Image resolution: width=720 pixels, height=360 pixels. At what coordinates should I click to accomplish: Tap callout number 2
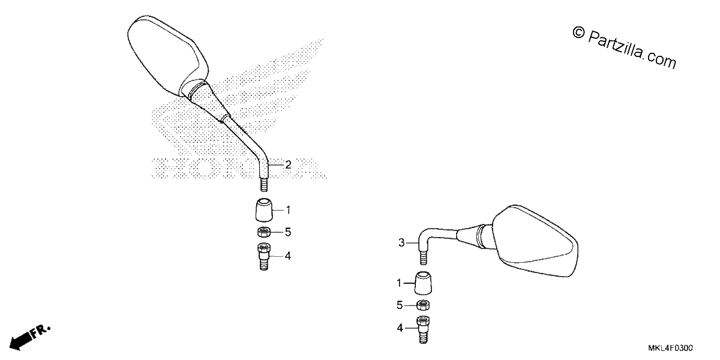289,164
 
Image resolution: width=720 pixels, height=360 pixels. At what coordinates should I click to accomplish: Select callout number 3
401,242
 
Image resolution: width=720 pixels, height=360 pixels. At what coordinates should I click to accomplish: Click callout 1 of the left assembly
289,210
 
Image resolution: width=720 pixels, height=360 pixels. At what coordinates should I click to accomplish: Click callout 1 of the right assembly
399,283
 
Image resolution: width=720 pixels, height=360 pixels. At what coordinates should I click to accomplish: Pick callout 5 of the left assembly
288,232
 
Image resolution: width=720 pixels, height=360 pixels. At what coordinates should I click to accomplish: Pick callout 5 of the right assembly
400,305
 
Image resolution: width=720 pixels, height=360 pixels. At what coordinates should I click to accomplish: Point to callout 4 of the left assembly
288,256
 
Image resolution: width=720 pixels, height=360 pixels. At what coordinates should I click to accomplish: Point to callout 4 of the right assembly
400,328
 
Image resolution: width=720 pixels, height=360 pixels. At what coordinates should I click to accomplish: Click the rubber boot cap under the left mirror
264,210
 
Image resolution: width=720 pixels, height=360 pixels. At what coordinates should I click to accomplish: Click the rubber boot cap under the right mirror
423,283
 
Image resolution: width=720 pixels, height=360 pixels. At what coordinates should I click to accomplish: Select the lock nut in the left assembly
264,232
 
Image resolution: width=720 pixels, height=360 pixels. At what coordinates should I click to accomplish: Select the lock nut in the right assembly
423,305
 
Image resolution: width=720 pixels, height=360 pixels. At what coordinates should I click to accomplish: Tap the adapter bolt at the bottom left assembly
264,257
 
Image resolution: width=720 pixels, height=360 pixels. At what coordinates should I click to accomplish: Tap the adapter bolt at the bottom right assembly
424,329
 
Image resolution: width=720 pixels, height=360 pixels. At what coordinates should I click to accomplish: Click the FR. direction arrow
29,337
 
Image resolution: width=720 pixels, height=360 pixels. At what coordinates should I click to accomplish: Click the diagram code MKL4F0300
671,348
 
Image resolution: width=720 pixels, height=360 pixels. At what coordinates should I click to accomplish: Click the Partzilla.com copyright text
624,48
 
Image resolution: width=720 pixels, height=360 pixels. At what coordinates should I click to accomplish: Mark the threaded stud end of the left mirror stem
264,185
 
